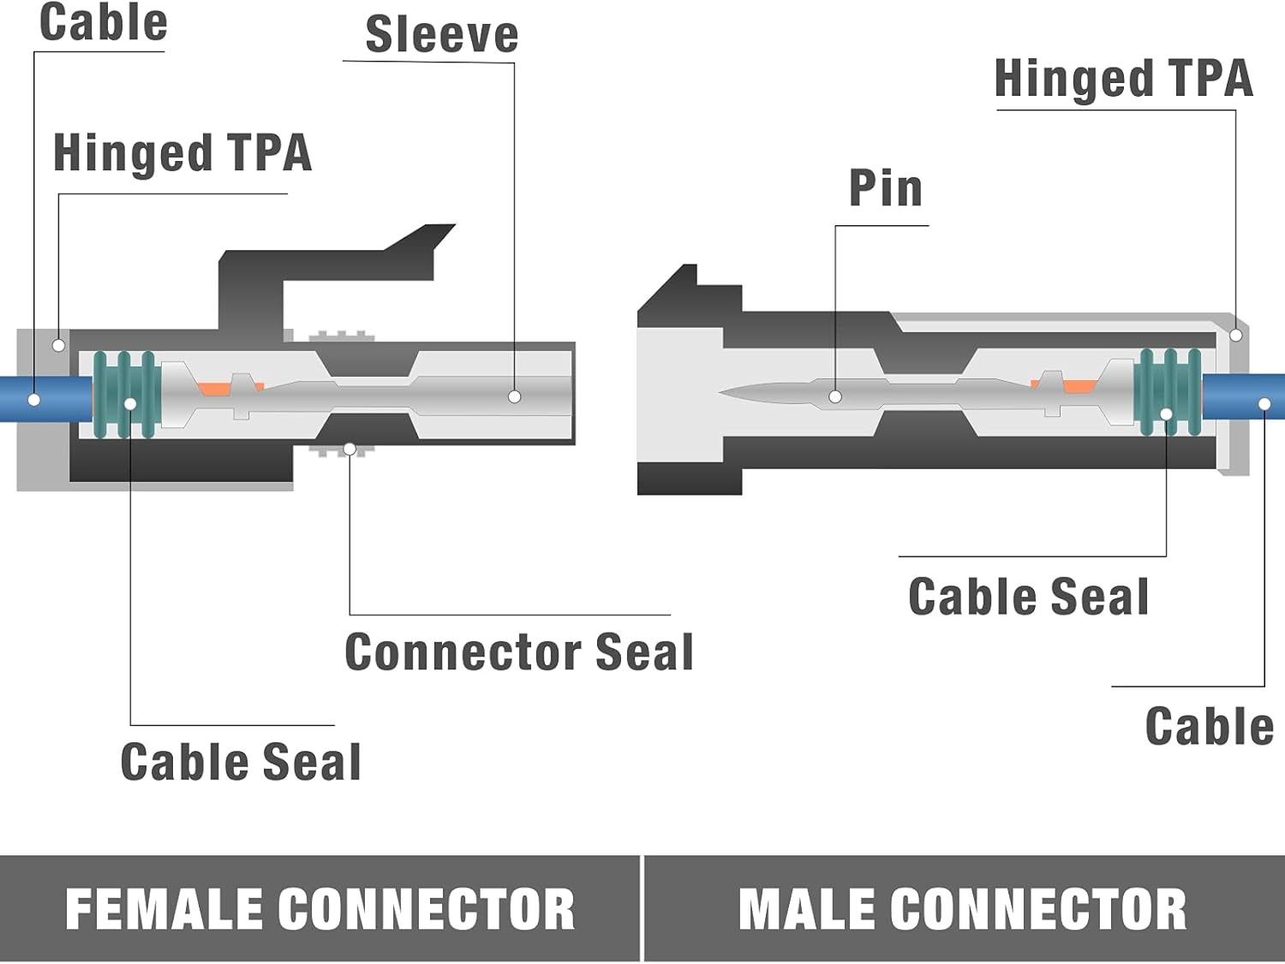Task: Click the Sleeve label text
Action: point(441,36)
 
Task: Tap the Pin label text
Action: point(885,188)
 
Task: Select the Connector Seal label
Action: point(518,652)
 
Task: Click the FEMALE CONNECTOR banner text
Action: point(320,909)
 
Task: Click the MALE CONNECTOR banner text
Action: point(962,909)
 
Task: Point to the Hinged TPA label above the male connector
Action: point(1123,80)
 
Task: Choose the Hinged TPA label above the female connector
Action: point(182,154)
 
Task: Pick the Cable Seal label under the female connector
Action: point(241,762)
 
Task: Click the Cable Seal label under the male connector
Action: point(1028,598)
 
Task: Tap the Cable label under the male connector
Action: point(1209,728)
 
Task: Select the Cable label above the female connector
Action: point(104,23)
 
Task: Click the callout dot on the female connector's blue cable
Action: point(34,400)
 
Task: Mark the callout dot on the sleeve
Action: point(514,396)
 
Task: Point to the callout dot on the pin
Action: point(835,396)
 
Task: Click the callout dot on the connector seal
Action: point(350,449)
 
